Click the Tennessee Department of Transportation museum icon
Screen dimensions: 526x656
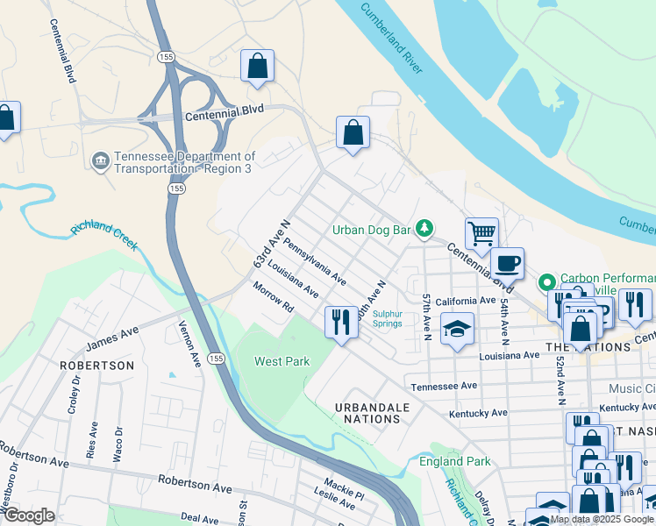[101, 160]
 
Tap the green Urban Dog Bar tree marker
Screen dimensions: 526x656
[424, 229]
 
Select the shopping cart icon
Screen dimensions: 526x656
[481, 234]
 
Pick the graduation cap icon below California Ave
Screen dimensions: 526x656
[456, 329]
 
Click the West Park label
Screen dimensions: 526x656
[282, 361]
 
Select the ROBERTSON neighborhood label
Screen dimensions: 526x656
[96, 365]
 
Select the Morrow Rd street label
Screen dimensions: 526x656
[273, 299]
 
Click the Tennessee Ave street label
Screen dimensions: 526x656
[444, 386]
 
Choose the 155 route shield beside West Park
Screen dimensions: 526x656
[216, 358]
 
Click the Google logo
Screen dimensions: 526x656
[29, 515]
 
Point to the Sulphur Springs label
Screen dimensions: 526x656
[387, 318]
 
